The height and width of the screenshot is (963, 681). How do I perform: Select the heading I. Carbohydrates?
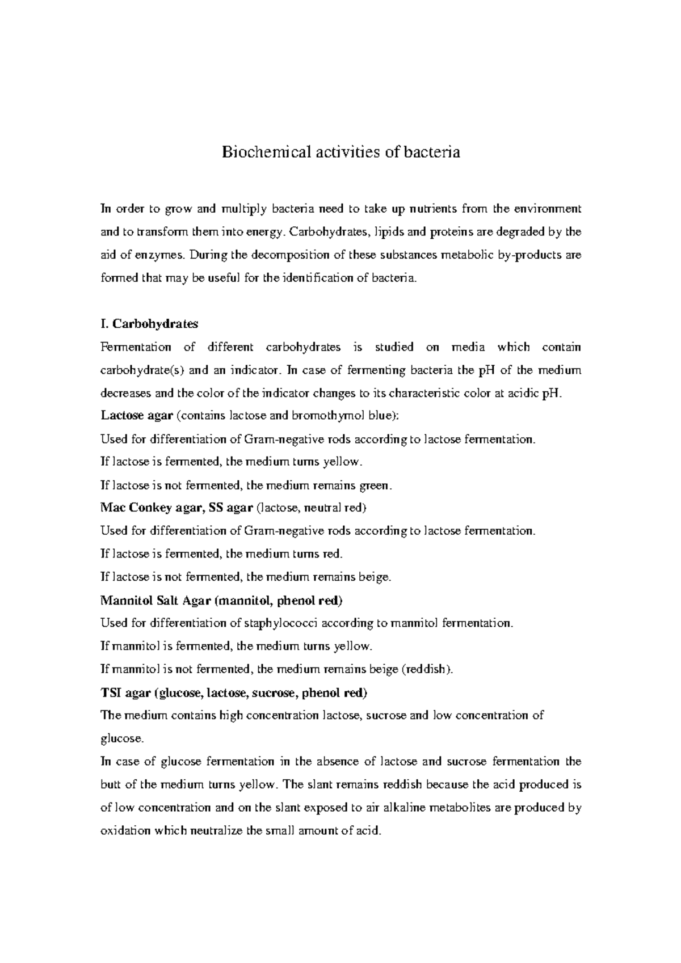(x=149, y=324)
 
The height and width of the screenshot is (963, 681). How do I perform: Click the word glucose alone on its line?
(x=121, y=738)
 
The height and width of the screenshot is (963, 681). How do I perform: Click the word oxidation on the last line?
(x=125, y=831)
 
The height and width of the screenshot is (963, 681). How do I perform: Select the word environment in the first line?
(x=548, y=209)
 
